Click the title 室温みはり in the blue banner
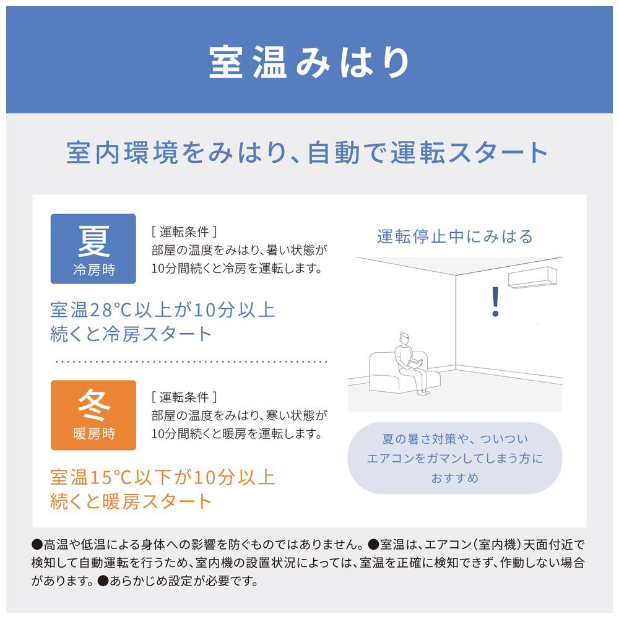point(309,62)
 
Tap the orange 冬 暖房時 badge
point(93,415)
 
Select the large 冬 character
point(93,406)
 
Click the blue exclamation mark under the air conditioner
point(495,302)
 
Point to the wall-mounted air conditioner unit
point(532,277)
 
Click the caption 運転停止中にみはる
point(455,236)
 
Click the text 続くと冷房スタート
point(131,334)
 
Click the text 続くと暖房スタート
point(131,501)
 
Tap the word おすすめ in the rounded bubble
point(455,478)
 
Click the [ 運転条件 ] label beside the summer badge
point(184,232)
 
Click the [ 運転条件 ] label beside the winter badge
point(184,397)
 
